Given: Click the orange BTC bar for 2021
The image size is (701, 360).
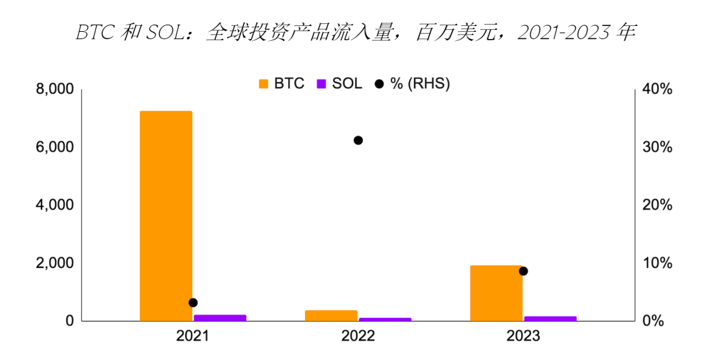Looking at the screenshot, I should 166,216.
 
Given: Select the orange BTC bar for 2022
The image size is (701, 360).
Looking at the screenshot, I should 331,315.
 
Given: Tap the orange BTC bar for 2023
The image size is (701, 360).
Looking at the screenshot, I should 496,293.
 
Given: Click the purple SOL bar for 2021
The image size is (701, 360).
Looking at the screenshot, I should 220,318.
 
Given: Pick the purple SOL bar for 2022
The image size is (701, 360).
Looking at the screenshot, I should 385,319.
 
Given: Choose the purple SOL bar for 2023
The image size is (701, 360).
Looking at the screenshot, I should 550,318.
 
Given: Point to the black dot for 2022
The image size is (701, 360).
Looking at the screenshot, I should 358,140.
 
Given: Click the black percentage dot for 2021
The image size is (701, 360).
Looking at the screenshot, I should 193,302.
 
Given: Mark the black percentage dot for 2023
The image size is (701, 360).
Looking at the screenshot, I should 523,270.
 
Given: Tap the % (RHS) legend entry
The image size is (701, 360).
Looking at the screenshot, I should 412,83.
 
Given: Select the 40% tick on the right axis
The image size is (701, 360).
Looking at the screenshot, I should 657,89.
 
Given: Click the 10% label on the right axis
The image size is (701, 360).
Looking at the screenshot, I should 657,263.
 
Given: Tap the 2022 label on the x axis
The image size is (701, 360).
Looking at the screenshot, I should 358,337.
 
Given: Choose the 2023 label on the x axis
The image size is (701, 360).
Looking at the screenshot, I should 523,337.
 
